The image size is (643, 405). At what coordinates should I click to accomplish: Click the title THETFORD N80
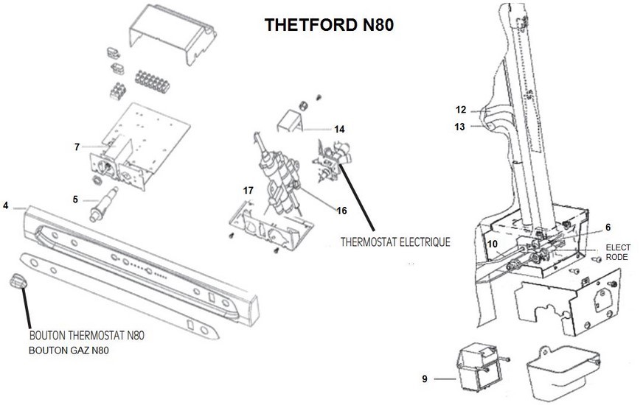click(x=329, y=25)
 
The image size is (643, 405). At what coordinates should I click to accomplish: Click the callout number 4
click(x=6, y=205)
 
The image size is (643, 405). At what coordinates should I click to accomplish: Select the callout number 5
click(x=76, y=198)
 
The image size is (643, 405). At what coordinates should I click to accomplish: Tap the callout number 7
click(x=77, y=147)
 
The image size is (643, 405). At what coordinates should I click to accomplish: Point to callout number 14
click(x=339, y=129)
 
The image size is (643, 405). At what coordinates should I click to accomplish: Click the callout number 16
click(x=341, y=211)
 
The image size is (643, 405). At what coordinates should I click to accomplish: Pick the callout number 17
click(x=248, y=191)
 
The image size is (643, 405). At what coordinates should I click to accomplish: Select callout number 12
click(x=460, y=110)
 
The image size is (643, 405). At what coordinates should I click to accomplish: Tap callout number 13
click(x=460, y=127)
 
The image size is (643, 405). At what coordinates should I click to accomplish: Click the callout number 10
click(x=492, y=244)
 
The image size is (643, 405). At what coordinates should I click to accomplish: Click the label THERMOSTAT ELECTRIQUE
click(x=395, y=241)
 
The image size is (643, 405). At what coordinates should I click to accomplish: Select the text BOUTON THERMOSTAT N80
click(x=87, y=336)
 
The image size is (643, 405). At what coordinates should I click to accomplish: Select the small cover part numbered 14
click(x=291, y=121)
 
